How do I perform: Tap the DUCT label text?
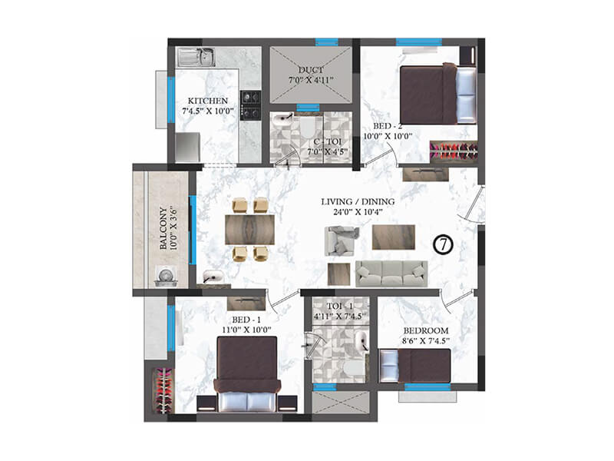coord(311,68)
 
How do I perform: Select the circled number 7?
coord(444,244)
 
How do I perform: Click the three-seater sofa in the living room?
coord(391,272)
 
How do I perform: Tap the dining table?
coord(250,229)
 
